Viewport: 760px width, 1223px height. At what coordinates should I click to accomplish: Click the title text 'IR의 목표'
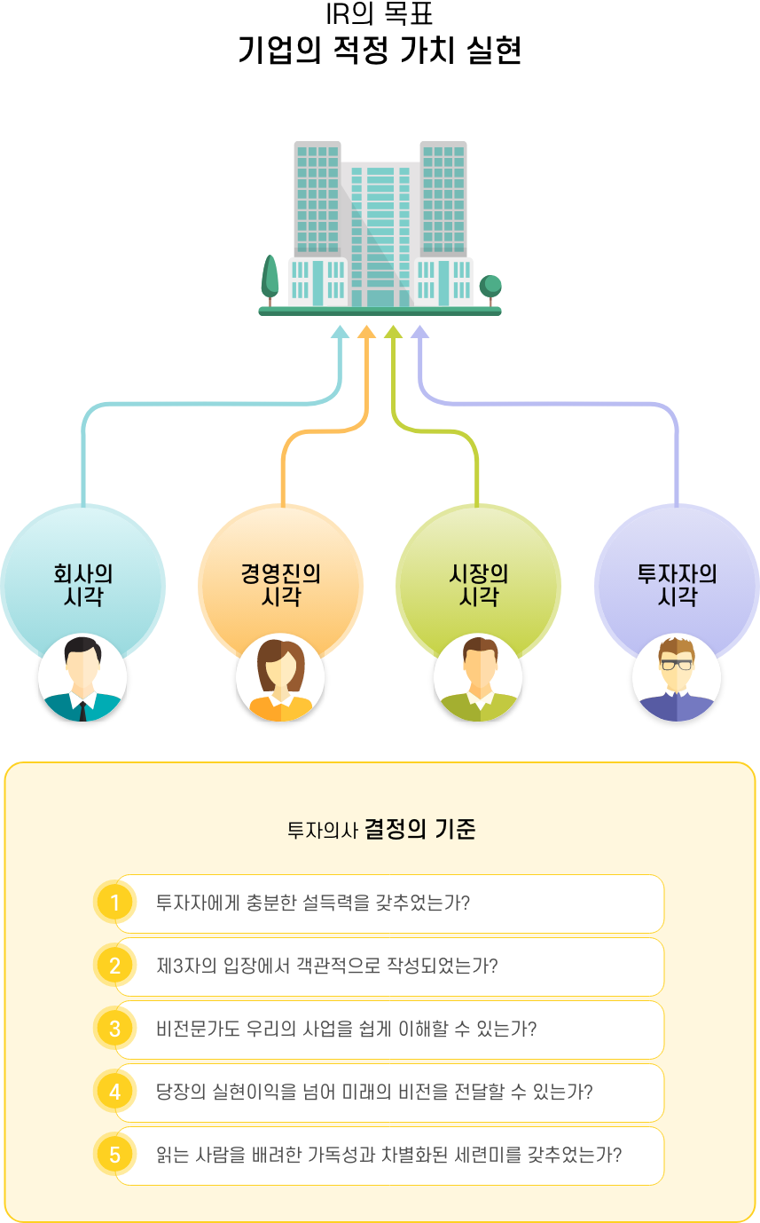point(380,13)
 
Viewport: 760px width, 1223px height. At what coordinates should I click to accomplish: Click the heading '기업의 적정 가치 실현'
point(380,51)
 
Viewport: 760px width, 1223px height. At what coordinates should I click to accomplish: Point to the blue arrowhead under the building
point(341,331)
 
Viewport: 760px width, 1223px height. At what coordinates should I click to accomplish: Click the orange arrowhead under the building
point(366,331)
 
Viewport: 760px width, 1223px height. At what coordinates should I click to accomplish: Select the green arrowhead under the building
point(393,331)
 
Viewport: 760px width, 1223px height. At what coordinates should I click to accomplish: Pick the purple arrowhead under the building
point(419,331)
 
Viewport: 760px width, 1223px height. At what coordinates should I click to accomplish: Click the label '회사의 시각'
point(83,585)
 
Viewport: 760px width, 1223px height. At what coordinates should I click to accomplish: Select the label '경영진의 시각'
point(281,585)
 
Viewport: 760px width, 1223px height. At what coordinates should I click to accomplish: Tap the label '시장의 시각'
point(479,585)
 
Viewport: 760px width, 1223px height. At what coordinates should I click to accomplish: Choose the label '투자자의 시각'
point(677,585)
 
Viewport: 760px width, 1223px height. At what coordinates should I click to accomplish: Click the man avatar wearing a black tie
point(82,677)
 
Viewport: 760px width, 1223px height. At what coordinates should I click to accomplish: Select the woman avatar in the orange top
point(280,677)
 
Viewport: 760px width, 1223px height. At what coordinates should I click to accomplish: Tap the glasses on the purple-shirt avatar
point(677,665)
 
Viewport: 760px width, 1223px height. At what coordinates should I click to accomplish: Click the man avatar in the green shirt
point(478,677)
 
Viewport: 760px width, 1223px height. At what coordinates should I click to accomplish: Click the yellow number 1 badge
point(114,903)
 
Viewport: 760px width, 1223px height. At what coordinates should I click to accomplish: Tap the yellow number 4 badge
point(114,1092)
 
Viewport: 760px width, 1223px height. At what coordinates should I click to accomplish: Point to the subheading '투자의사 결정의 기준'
point(381,829)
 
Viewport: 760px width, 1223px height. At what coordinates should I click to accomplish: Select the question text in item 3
point(347,1029)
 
